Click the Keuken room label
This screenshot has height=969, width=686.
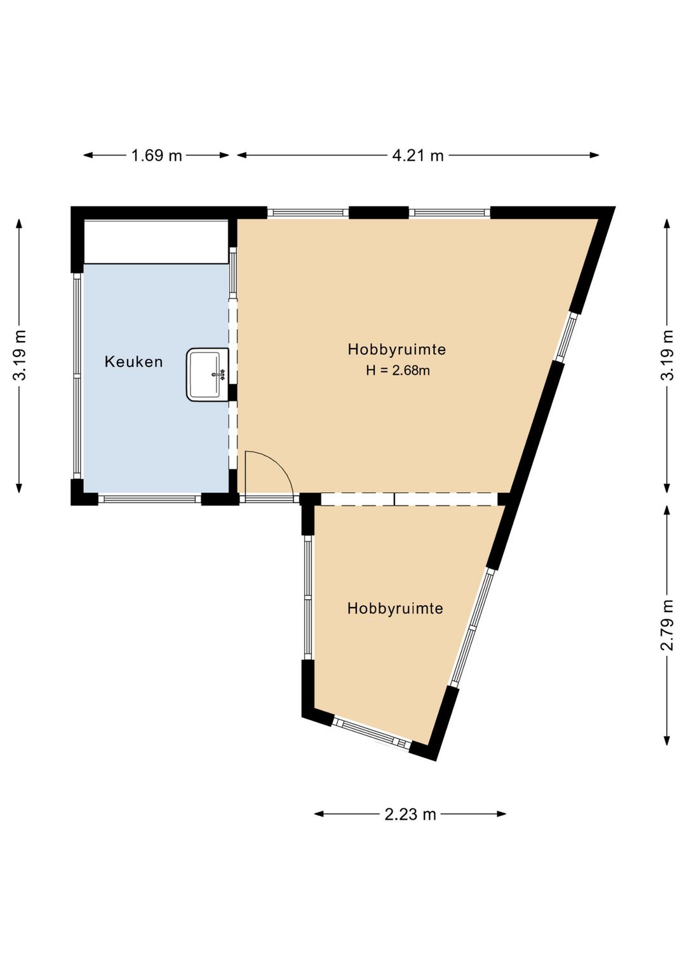(x=134, y=362)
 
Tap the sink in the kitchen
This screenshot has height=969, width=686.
(x=207, y=375)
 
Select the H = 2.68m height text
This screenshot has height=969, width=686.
(x=398, y=371)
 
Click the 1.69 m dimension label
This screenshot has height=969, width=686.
(x=157, y=156)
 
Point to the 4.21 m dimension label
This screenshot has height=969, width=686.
(x=418, y=156)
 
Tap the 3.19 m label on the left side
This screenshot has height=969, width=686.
(x=20, y=355)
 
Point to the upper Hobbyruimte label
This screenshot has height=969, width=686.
(x=397, y=349)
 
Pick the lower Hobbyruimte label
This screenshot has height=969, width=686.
(x=395, y=609)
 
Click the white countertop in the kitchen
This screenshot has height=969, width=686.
(x=156, y=242)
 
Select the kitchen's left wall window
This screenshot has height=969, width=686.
(x=77, y=376)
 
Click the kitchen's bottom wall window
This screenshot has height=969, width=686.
(x=150, y=498)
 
